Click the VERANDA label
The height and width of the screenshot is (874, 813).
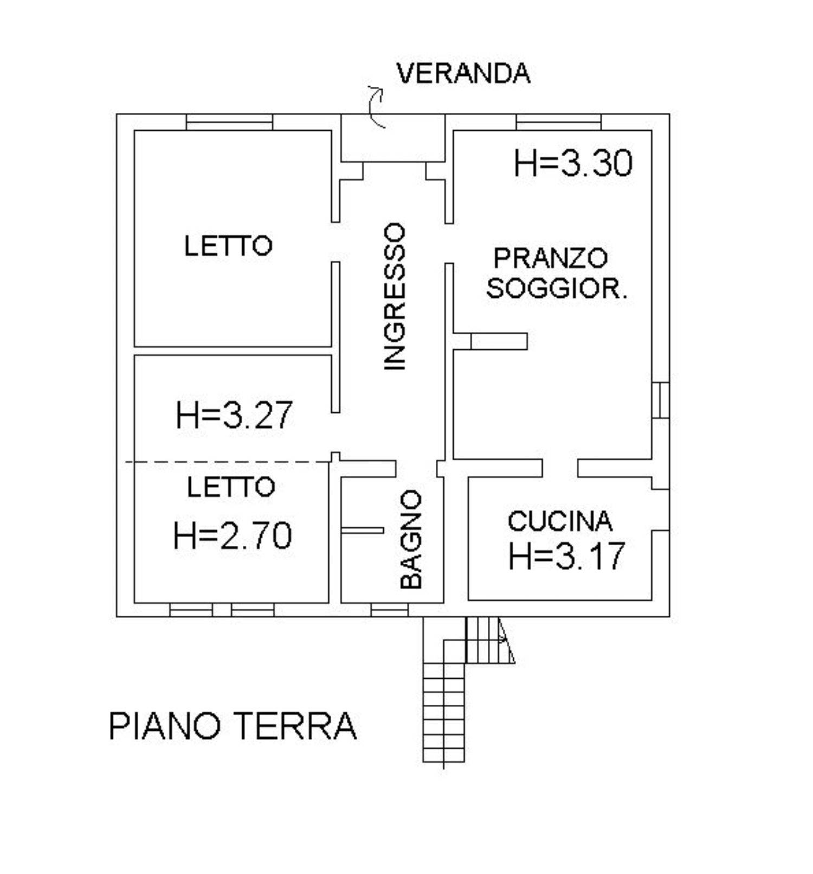coord(463,73)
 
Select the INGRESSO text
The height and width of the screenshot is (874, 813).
coord(395,296)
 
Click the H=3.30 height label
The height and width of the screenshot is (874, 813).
coord(573,163)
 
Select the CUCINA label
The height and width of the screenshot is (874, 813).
coord(560,521)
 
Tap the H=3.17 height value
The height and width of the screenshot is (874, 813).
coord(566,556)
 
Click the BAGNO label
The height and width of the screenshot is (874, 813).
coord(411,539)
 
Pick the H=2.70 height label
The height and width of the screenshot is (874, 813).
coord(233,535)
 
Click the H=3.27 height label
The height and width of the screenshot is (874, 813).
coord(234,415)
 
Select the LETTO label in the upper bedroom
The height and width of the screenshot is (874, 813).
coord(228,246)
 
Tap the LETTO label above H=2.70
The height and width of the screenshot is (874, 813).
coord(231,487)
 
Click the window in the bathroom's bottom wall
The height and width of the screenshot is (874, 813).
coord(389,611)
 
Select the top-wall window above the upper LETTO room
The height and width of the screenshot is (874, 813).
coord(229,122)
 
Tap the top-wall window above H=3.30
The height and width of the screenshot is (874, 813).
coord(558,122)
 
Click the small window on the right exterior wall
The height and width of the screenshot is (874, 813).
coord(660,400)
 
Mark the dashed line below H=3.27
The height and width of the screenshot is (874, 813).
coord(228,462)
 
